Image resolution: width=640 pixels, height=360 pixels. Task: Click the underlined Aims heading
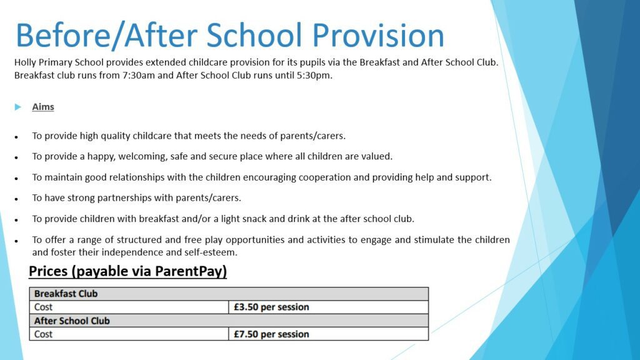coord(43,107)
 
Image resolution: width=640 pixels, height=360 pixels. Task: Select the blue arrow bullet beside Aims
coord(17,107)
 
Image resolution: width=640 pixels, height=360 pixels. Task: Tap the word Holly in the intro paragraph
coord(25,63)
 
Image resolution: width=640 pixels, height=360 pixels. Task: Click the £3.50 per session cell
coord(271,307)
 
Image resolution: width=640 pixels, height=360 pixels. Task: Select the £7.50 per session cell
coord(271,334)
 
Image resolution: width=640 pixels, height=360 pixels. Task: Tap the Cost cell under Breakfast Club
coord(44,307)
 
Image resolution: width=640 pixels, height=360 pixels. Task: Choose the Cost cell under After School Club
coord(44,334)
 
